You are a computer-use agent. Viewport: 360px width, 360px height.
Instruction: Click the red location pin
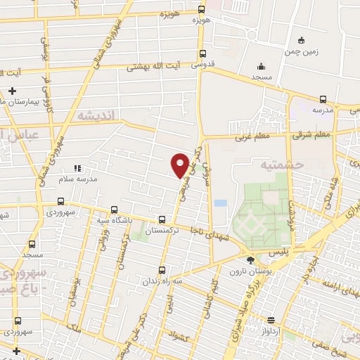click(x=180, y=165)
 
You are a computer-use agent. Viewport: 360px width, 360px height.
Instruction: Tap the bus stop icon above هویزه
click(x=202, y=9)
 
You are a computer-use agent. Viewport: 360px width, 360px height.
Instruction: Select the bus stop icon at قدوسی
click(x=202, y=55)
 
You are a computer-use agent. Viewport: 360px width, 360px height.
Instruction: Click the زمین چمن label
click(x=301, y=51)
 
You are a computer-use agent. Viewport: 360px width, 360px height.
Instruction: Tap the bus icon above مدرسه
click(x=323, y=99)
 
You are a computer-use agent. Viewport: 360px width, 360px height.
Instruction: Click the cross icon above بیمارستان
click(x=13, y=91)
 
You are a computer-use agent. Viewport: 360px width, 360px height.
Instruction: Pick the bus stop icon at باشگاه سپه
click(x=114, y=209)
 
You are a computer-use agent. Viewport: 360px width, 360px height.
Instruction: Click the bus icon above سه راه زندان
click(x=163, y=270)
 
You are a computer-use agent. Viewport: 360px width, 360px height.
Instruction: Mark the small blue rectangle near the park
click(x=221, y=203)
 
